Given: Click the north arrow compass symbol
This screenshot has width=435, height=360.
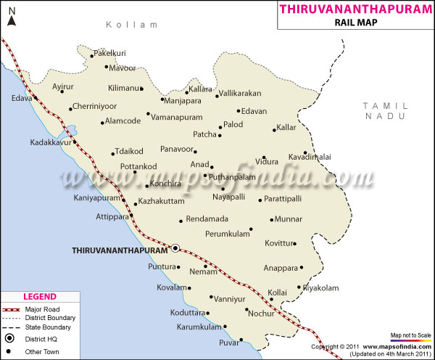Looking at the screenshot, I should [11, 17].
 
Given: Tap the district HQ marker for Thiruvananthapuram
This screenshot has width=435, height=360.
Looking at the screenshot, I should [175, 248].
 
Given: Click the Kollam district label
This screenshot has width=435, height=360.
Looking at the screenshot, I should [131, 25].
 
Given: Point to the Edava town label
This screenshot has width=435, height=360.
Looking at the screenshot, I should [22, 98].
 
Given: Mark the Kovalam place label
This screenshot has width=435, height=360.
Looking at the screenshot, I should [171, 287].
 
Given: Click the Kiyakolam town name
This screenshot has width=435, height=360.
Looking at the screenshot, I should [320, 288].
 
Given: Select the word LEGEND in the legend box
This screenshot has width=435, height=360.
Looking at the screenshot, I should [39, 297].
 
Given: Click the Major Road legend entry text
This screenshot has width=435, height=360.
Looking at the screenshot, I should [46, 308].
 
